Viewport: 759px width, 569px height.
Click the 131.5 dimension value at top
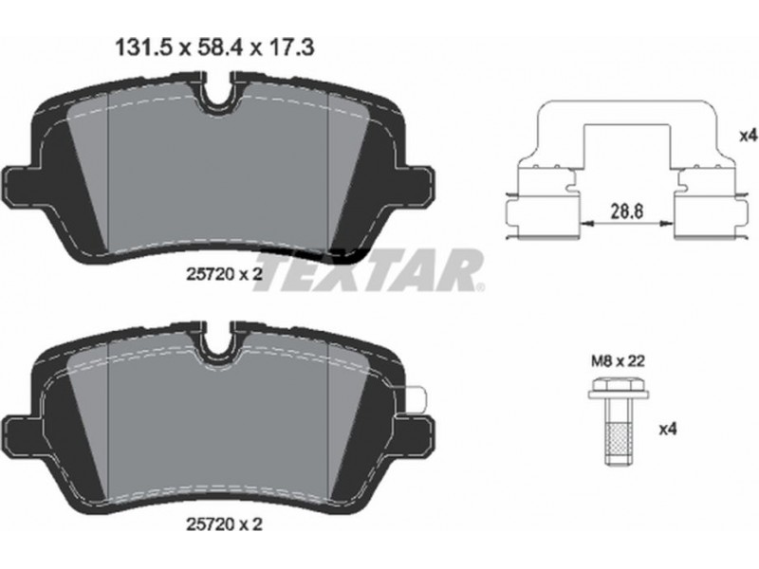(144, 48)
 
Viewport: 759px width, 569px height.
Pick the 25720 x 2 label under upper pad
(224, 274)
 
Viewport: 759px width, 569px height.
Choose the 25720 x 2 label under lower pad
(224, 524)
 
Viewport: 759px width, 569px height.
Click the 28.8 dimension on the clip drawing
(626, 211)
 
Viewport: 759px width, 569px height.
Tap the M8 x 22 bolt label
(619, 361)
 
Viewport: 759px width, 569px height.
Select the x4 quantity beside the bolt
(668, 429)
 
